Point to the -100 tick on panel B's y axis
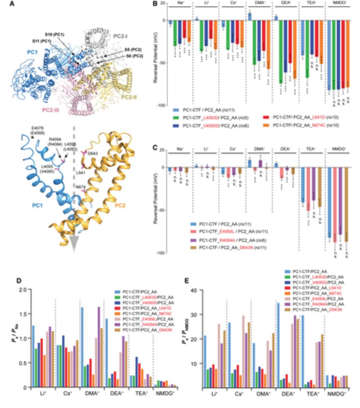click(x=160, y=106)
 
